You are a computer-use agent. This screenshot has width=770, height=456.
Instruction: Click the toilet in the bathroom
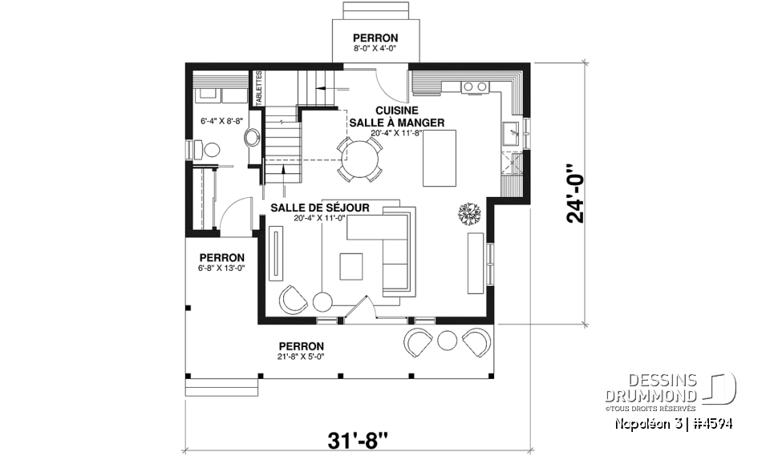210,149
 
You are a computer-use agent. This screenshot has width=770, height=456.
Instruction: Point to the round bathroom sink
253,136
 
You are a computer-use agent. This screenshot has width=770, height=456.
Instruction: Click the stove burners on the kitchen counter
475,86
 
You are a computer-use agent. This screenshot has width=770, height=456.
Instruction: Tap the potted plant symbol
469,213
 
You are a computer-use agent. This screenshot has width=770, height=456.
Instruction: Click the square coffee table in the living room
351,266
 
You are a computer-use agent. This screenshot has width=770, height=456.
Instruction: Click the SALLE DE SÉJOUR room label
320,208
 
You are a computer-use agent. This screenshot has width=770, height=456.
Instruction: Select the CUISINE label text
396,110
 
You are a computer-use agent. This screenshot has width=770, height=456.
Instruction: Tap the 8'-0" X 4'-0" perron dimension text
375,50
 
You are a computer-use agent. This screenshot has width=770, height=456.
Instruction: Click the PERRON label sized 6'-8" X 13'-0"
222,257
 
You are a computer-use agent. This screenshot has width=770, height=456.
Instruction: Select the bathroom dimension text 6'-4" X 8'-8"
221,121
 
